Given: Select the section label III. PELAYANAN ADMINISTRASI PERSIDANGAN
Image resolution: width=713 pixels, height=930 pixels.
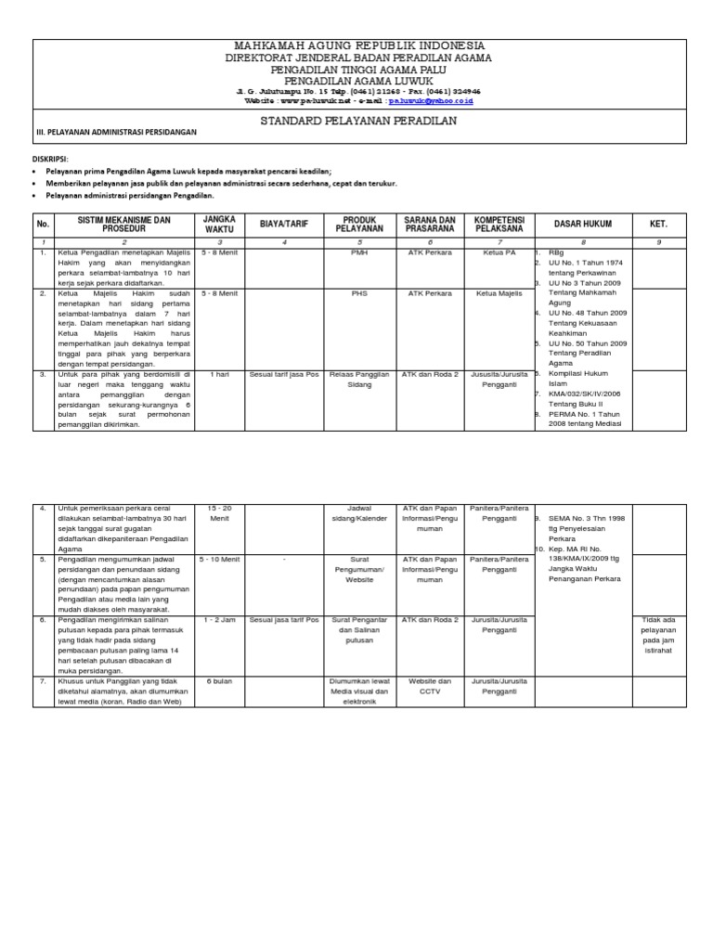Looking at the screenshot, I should click(x=116, y=133).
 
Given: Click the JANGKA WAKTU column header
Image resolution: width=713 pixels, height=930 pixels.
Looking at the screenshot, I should click(x=218, y=224).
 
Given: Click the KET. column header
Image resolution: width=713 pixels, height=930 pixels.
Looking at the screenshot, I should click(x=658, y=224).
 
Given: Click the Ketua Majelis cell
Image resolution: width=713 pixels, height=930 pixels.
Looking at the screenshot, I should click(x=499, y=293).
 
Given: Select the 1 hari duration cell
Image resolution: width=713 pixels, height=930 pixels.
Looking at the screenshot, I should click(x=218, y=374).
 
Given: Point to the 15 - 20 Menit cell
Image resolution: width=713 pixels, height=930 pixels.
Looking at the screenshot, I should click(x=218, y=513).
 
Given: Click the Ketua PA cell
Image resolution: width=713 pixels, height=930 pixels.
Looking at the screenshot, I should click(x=499, y=252).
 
